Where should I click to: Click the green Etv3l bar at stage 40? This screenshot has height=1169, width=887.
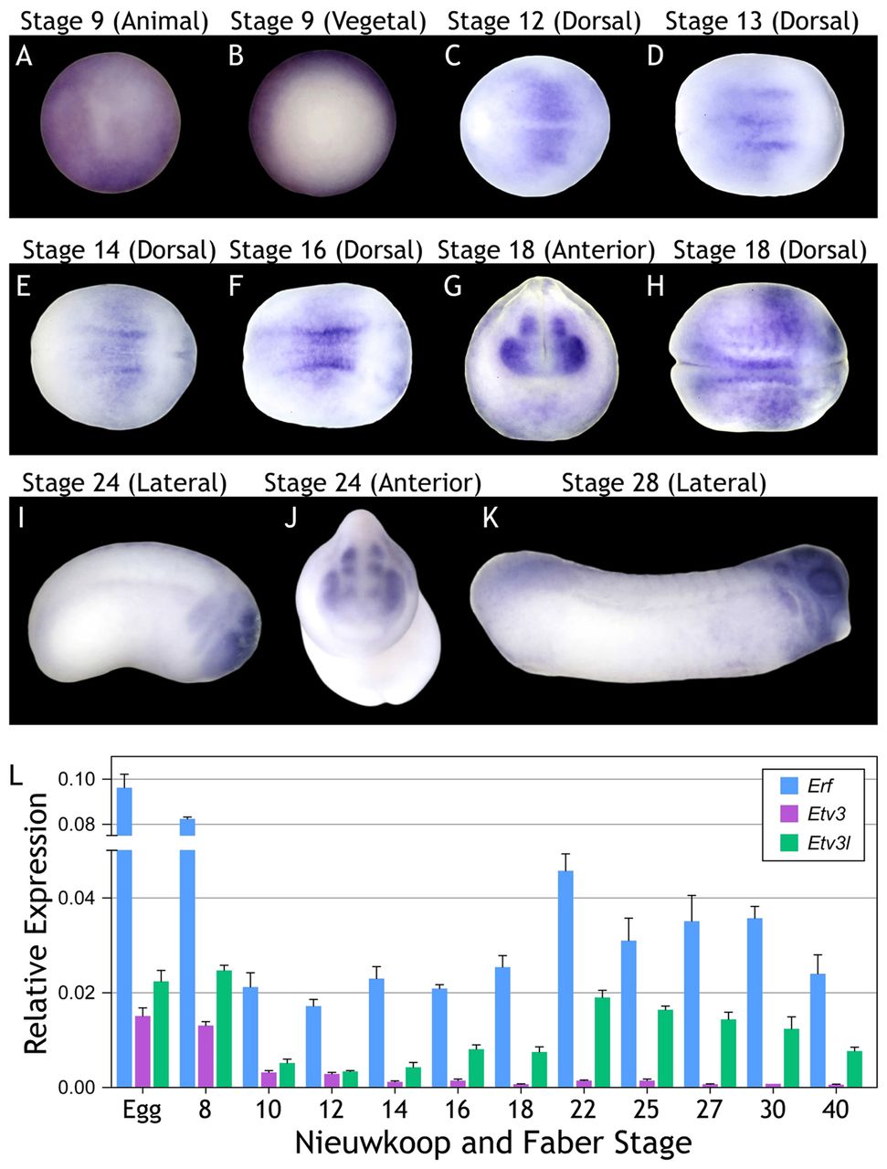tap(854, 1069)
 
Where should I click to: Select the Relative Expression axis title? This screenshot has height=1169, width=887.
tap(37, 922)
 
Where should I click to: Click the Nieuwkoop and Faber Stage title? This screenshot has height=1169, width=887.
tap(493, 1143)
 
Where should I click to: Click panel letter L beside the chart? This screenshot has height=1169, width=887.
tap(16, 775)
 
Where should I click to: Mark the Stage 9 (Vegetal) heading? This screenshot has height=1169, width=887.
tap(328, 21)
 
